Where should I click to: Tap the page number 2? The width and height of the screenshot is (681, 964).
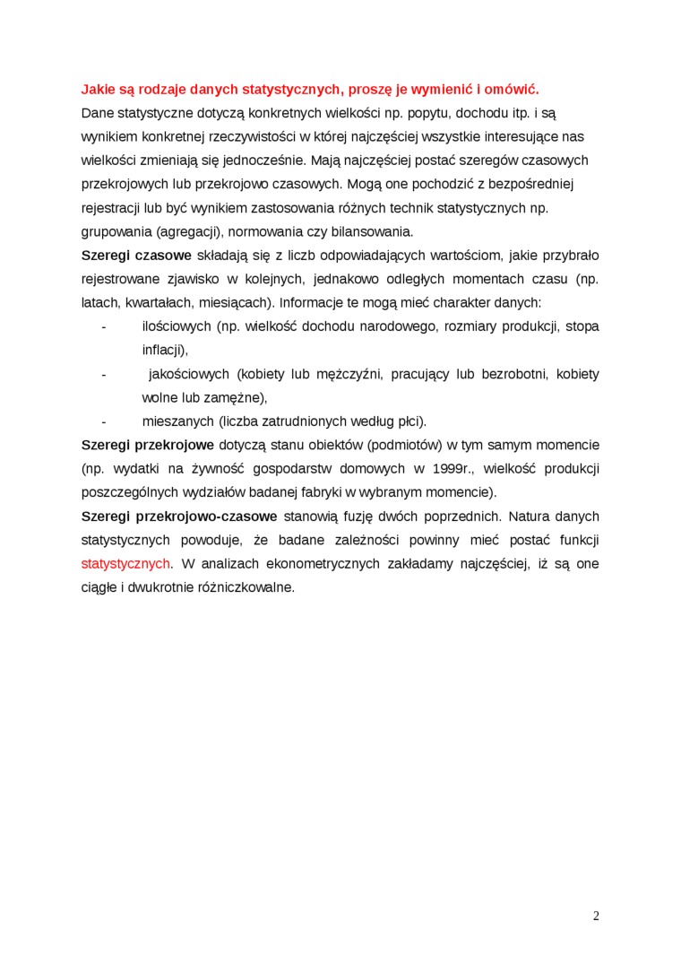(596, 916)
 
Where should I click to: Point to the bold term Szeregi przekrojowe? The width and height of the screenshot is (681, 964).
(147, 445)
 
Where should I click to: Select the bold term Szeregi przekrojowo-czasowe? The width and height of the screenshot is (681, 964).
(178, 517)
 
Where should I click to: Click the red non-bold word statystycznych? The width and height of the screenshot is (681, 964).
(125, 564)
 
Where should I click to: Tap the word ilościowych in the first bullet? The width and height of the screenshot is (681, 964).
(177, 326)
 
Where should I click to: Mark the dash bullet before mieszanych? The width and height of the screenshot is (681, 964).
(104, 421)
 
